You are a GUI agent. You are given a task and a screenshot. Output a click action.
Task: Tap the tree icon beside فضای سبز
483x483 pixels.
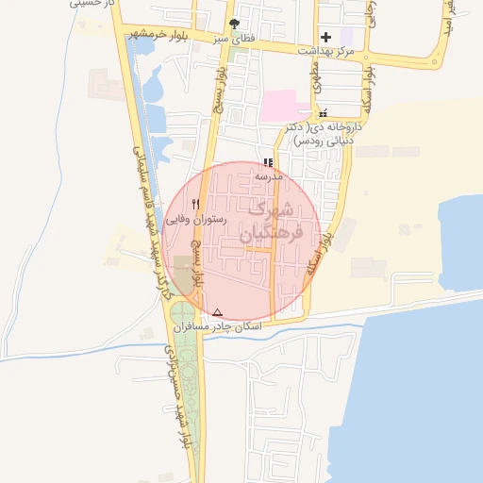[234, 25]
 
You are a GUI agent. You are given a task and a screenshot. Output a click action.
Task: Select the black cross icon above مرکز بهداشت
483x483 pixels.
[325, 37]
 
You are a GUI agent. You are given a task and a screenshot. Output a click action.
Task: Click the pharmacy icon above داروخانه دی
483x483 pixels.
[323, 114]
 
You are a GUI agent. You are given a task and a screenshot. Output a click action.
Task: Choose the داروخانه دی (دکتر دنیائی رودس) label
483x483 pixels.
[324, 133]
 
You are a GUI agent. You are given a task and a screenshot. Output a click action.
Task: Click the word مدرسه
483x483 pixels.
[268, 176]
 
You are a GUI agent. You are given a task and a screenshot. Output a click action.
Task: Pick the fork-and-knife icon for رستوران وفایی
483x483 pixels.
[196, 204]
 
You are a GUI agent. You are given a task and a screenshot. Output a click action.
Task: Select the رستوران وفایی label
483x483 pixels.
[196, 219]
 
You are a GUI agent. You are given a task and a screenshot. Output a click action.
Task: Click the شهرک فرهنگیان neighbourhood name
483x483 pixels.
[272, 224]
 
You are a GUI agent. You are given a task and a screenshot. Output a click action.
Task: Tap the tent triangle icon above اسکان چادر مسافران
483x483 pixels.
[218, 311]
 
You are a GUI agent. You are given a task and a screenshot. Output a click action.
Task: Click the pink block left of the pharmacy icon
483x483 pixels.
[284, 105]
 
